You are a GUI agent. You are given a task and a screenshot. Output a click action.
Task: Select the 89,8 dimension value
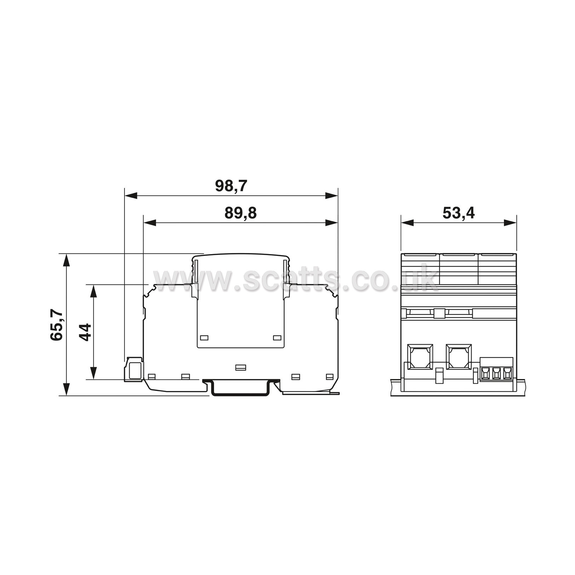(x=240, y=213)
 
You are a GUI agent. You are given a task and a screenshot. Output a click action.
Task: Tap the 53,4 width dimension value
(x=459, y=213)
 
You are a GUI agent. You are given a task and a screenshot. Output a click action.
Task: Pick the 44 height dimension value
(x=85, y=332)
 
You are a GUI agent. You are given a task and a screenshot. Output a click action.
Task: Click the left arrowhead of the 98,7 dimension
(x=131, y=195)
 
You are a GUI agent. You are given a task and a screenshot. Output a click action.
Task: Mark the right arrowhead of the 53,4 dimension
(x=510, y=223)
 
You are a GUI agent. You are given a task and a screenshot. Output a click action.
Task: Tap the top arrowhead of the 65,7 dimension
(x=66, y=260)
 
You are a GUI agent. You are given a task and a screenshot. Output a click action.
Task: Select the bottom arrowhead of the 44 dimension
(x=93, y=373)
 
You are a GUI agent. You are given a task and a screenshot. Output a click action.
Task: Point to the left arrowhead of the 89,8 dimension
(x=150, y=223)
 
